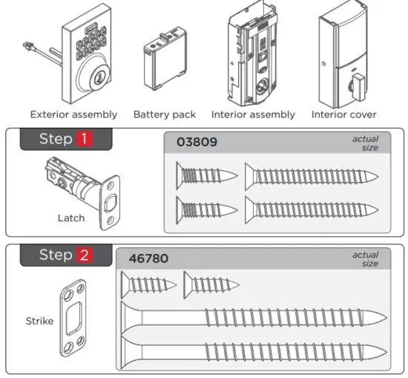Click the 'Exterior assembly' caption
click(73, 114)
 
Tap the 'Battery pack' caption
click(165, 114)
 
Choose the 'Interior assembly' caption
click(253, 114)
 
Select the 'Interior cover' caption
click(343, 114)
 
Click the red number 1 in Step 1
click(83, 140)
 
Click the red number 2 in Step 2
click(83, 255)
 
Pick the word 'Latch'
click(70, 218)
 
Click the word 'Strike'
click(39, 321)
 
